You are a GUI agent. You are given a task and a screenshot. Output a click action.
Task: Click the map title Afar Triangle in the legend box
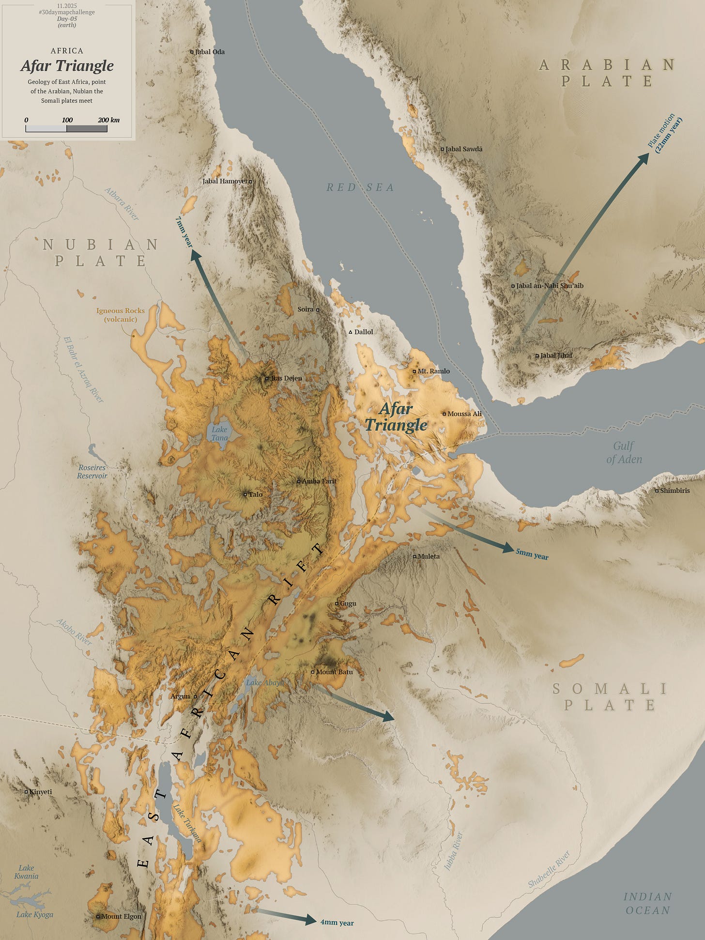(67, 66)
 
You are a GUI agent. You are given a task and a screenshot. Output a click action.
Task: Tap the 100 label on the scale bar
(67, 120)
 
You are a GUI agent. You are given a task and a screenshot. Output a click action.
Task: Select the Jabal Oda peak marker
(192, 52)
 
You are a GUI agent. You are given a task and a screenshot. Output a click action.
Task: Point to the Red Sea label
(360, 187)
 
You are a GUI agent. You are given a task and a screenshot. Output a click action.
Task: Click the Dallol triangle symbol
(351, 332)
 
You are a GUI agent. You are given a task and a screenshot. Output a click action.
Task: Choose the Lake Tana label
(219, 433)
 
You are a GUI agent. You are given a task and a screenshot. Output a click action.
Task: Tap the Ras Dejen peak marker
(267, 378)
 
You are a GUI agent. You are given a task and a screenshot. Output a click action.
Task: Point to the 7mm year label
(184, 232)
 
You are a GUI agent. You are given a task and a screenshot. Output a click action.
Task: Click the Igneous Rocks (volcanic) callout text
(120, 315)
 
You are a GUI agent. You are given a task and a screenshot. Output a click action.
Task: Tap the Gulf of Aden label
(624, 452)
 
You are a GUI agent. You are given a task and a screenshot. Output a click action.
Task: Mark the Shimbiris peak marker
(657, 491)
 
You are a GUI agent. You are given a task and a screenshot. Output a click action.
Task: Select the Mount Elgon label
(121, 916)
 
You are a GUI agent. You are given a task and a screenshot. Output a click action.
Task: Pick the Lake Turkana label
(187, 823)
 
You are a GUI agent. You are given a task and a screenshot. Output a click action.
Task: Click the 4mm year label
(337, 923)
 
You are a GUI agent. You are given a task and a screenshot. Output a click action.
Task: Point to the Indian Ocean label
(647, 904)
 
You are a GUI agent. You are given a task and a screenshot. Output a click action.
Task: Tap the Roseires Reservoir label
(92, 471)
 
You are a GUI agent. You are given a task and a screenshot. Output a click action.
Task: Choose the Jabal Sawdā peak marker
(442, 149)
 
